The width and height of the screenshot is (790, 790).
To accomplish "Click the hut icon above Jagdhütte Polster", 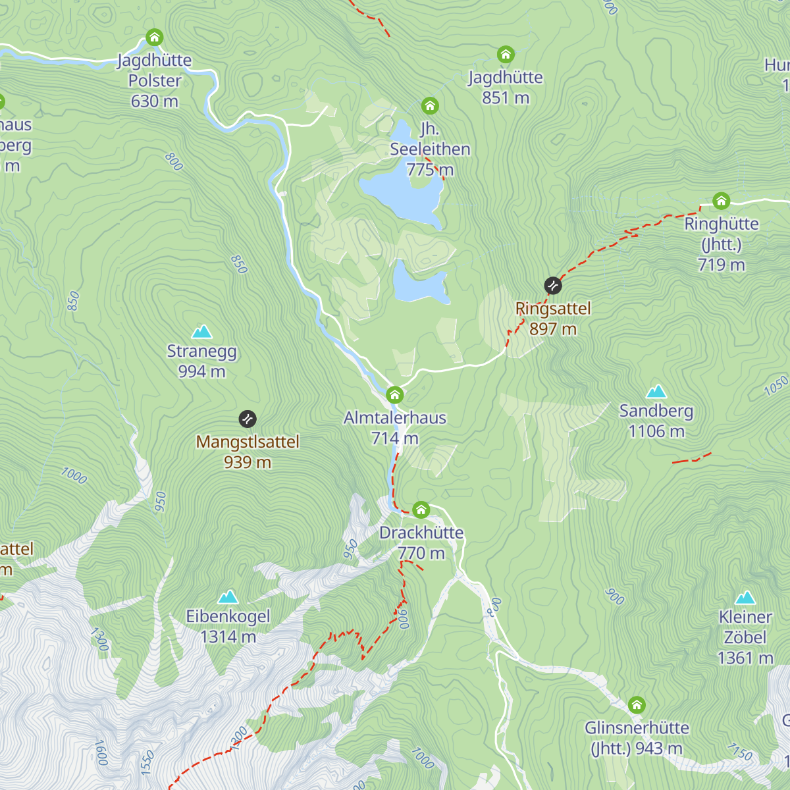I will coord(154,37).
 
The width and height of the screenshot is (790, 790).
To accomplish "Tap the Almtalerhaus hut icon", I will coord(394,395).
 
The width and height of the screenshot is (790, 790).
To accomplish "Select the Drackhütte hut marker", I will coord(421,510).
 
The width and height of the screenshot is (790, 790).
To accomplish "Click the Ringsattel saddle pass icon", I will coord(553,286).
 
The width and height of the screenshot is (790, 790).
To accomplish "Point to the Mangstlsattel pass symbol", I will coord(248,419).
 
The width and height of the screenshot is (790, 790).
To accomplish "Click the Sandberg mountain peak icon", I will coord(656,392).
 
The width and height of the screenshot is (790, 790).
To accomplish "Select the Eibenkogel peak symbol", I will coord(228,597).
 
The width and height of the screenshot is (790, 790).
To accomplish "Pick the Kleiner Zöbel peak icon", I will coord(745,598).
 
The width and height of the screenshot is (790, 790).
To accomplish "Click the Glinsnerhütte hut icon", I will coord(636,705).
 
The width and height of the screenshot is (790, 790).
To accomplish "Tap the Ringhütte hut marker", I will coord(721,201).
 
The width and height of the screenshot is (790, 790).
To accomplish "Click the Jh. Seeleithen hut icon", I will coord(430,105).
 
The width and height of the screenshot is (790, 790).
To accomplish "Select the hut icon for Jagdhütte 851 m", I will coord(505,54).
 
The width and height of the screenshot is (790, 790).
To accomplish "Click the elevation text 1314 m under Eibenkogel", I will coord(228,637).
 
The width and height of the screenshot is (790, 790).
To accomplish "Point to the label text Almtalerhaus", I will coord(395,417).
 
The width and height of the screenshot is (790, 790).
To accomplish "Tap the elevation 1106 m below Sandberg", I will coord(656,431).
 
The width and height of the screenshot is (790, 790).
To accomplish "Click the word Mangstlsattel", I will coord(248,442).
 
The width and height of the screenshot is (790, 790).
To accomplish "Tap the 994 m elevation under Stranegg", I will coord(201,371).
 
